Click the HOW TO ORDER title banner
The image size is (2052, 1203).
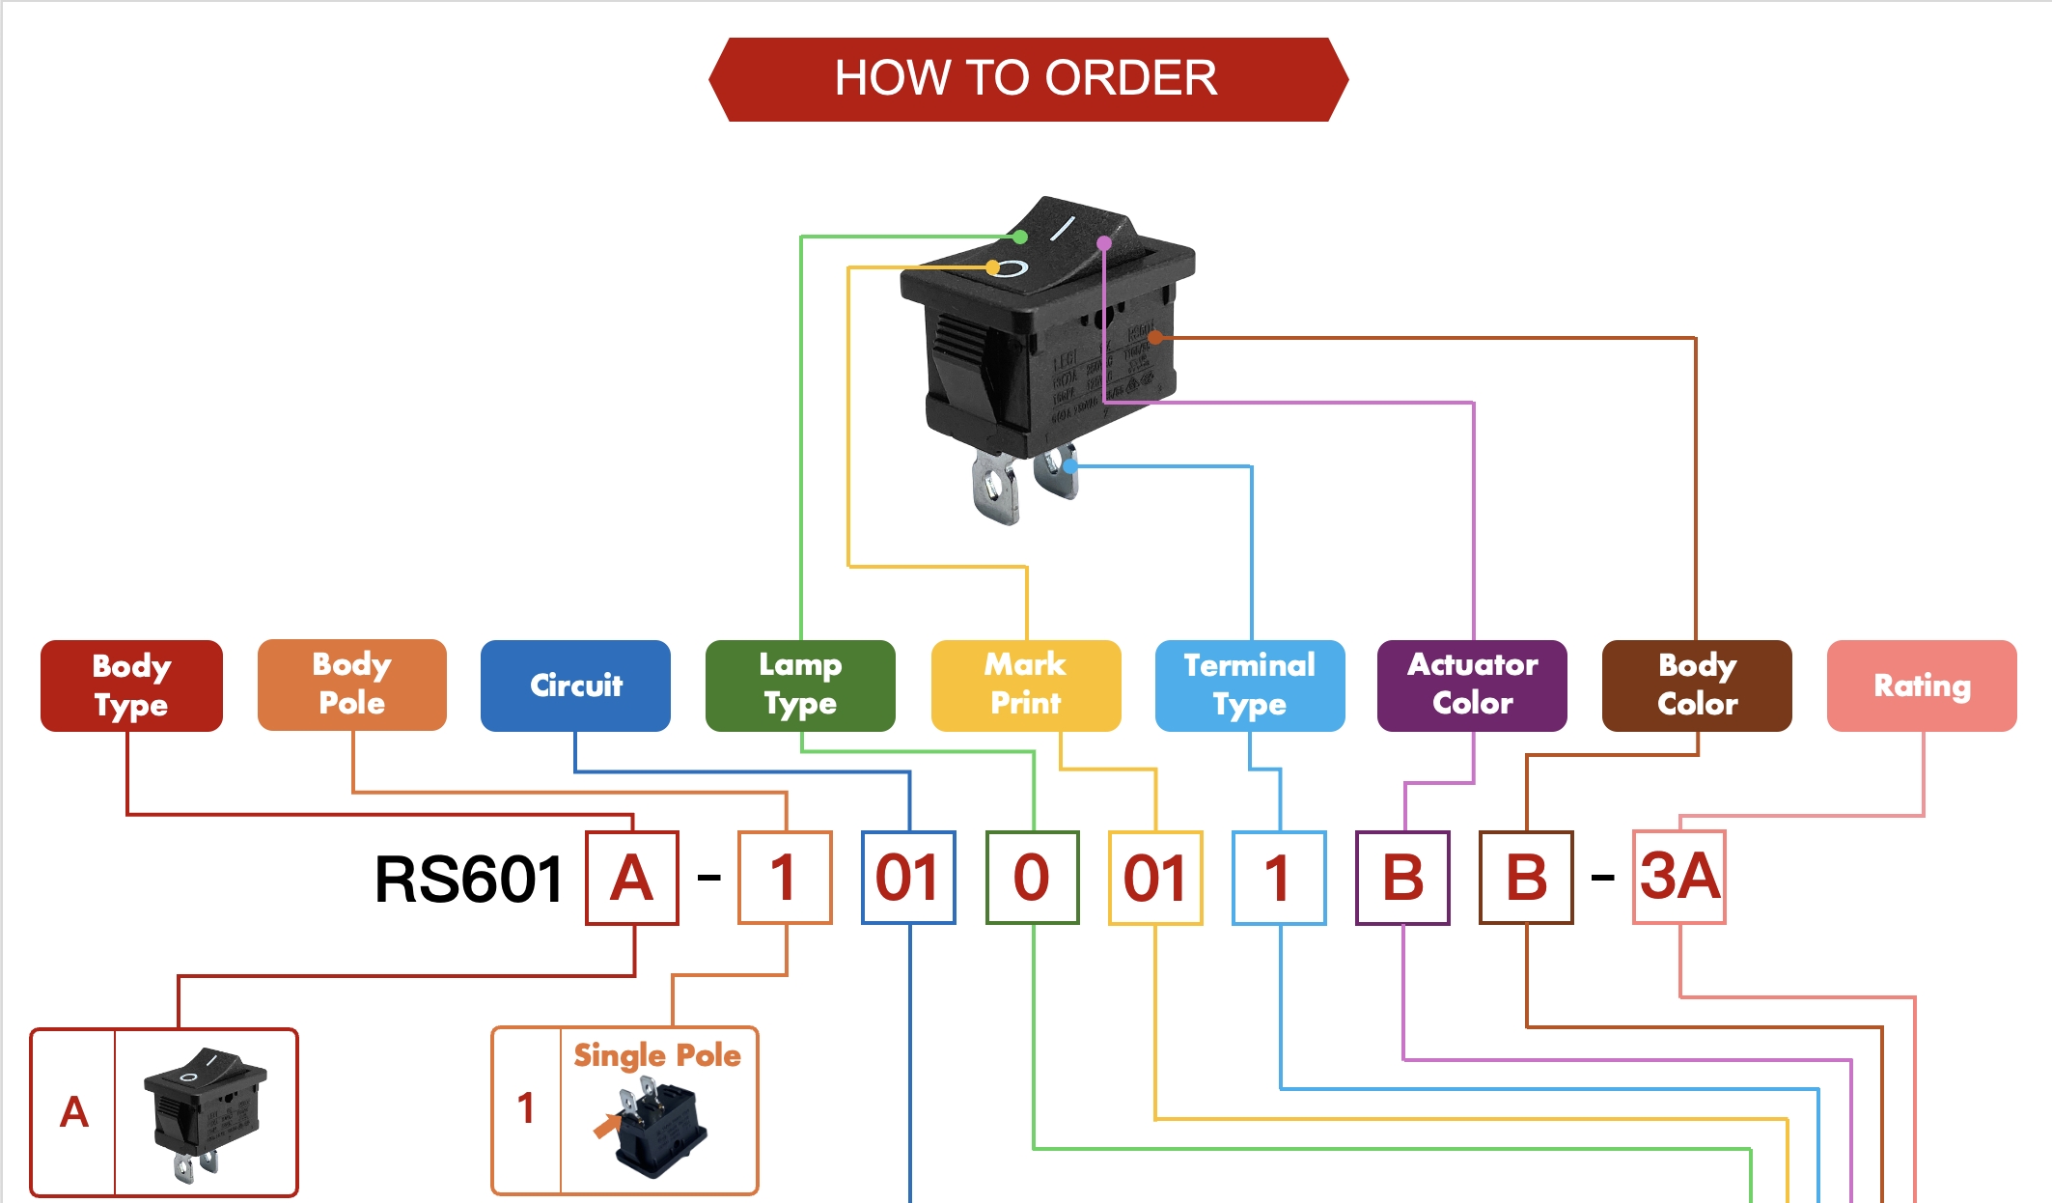1027,79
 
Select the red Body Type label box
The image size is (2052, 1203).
131,685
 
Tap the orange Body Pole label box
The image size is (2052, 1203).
351,685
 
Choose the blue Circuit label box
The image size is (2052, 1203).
575,685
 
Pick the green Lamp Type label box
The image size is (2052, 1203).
800,685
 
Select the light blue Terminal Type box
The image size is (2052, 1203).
1250,685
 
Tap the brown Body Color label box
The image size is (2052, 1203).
1697,685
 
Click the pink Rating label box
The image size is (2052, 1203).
1922,685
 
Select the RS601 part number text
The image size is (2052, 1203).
469,880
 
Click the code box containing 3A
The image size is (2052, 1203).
1679,878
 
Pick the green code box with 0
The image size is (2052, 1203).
1032,878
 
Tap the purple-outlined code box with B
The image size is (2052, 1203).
1402,878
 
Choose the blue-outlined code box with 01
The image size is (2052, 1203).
908,878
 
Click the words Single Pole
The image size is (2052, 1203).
657,1055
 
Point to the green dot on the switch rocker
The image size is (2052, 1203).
1020,237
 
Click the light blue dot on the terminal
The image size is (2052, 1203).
1070,466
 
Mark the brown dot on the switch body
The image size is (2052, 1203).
1155,337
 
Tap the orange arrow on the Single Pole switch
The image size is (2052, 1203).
606,1126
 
